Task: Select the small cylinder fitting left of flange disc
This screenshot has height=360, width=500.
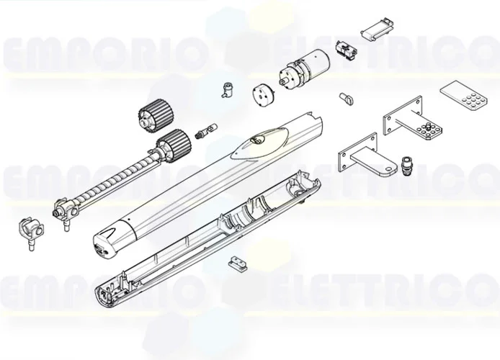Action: pyautogui.click(x=229, y=91)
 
